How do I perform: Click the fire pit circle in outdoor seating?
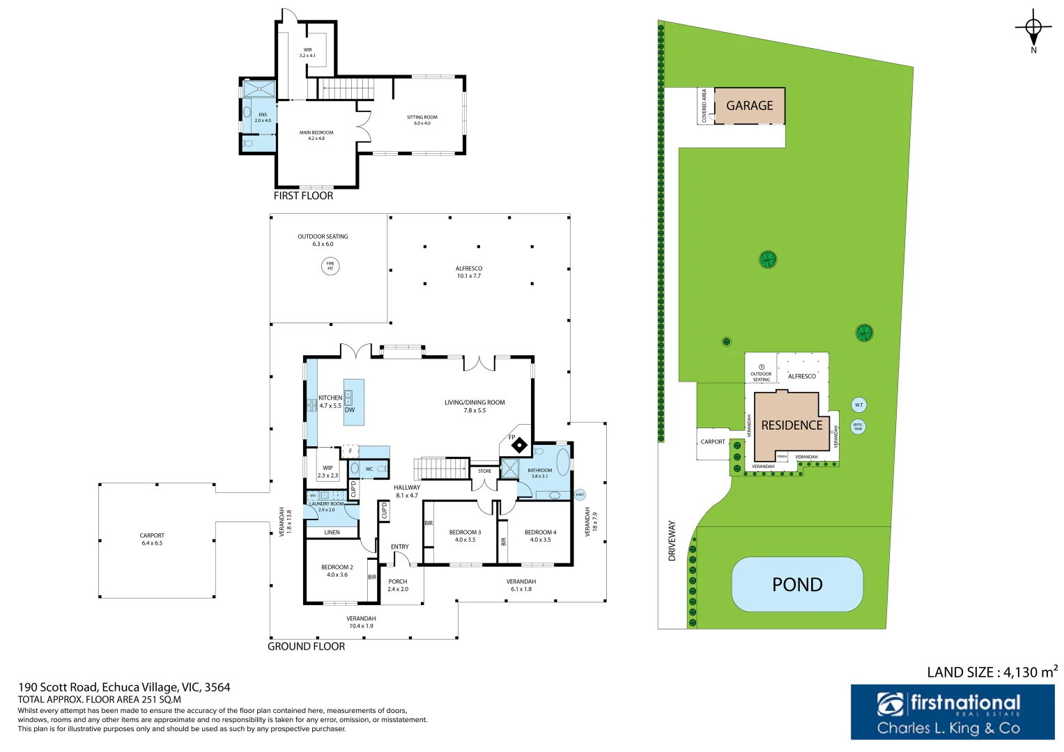pyautogui.click(x=330, y=266)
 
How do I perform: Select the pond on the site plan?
pyautogui.click(x=797, y=584)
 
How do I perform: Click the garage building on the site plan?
pyautogui.click(x=750, y=106)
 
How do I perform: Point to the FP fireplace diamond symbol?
pyautogui.click(x=519, y=445)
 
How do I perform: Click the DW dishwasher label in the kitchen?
pyautogui.click(x=350, y=410)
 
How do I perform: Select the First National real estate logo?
pyautogui.click(x=952, y=712)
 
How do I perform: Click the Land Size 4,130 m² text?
pyautogui.click(x=992, y=672)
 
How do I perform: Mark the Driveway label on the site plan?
pyautogui.click(x=672, y=540)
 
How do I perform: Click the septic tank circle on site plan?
pyautogui.click(x=858, y=426)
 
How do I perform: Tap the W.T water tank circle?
pyautogui.click(x=858, y=405)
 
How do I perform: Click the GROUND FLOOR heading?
pyautogui.click(x=306, y=646)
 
